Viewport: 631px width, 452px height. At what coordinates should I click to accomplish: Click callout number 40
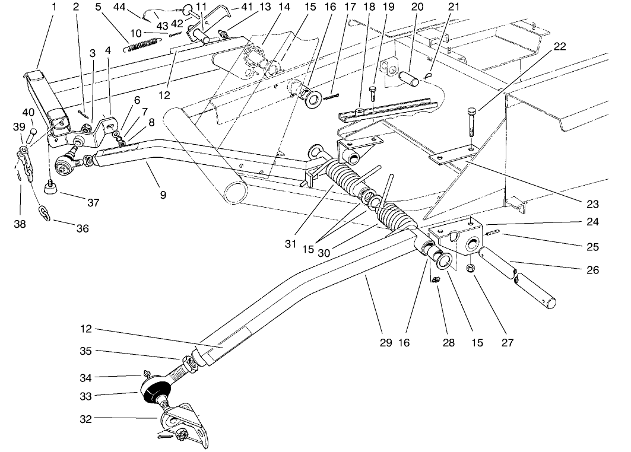tap(28, 112)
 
